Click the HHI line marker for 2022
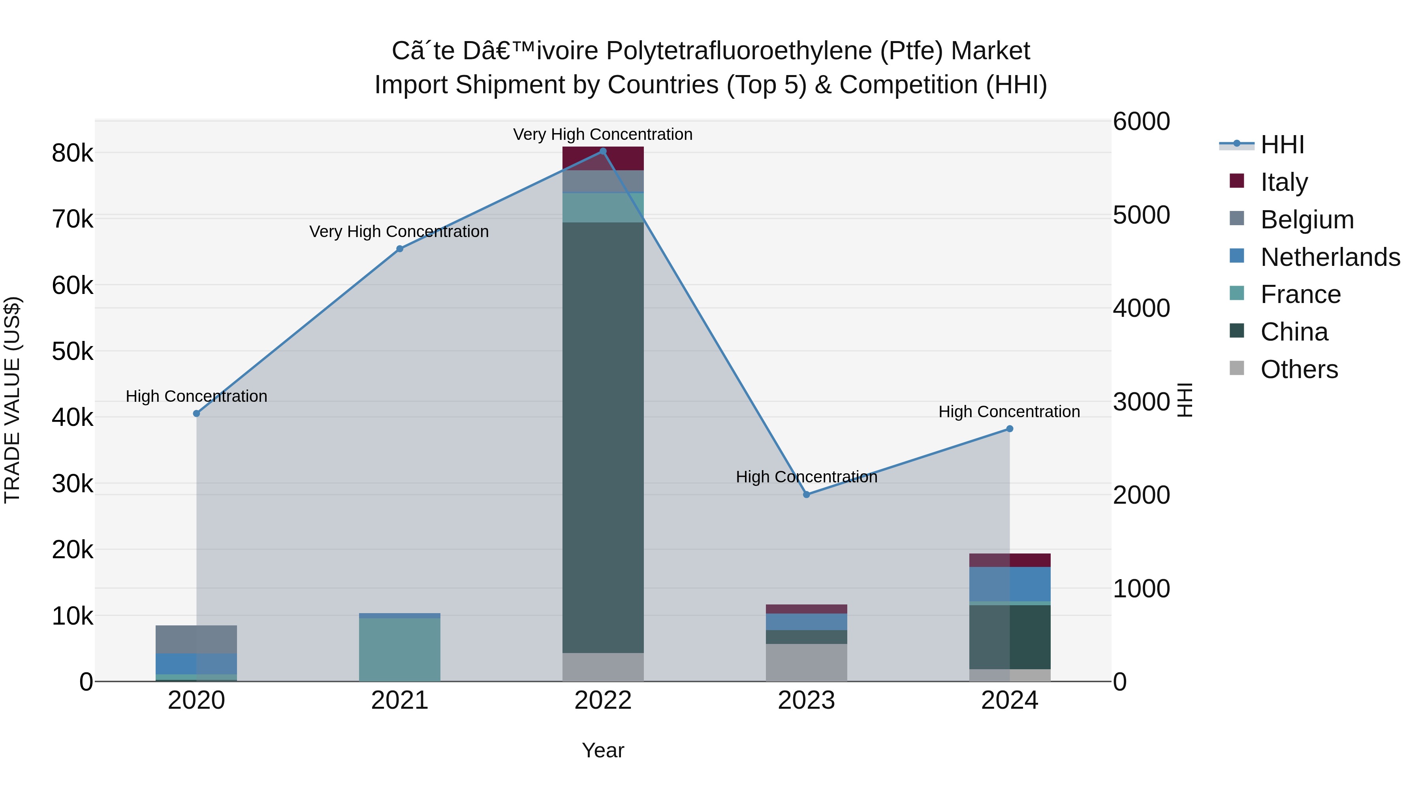tap(603, 151)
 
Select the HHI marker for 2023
tap(807, 495)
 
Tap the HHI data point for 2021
tap(400, 249)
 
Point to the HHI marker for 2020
tap(197, 414)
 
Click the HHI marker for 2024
tap(1010, 429)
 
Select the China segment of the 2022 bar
tap(603, 436)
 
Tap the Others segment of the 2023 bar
tap(807, 662)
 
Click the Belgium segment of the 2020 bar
tap(197, 639)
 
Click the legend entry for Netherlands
tap(1330, 257)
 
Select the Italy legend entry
tap(1284, 182)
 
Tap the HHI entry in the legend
tap(1282, 145)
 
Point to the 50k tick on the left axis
tap(72, 352)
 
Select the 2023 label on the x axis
tap(807, 700)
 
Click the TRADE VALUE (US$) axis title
tap(13, 400)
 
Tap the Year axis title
tap(603, 750)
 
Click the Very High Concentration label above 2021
tap(399, 232)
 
